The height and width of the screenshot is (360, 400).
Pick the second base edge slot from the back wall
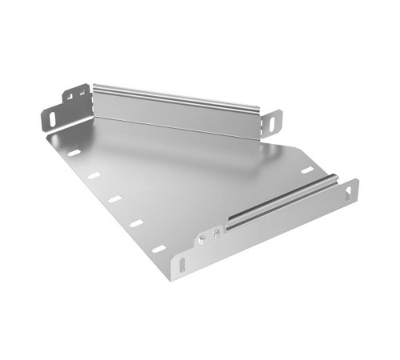(x=94, y=175)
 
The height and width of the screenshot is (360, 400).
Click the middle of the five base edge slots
(x=114, y=198)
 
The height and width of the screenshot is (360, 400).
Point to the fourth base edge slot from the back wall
(x=136, y=223)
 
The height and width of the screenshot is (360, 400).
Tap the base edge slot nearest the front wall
(x=158, y=249)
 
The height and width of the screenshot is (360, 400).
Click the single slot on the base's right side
(x=305, y=170)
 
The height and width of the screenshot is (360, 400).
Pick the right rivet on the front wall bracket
(x=214, y=234)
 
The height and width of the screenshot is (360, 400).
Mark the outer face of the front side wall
(x=272, y=232)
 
